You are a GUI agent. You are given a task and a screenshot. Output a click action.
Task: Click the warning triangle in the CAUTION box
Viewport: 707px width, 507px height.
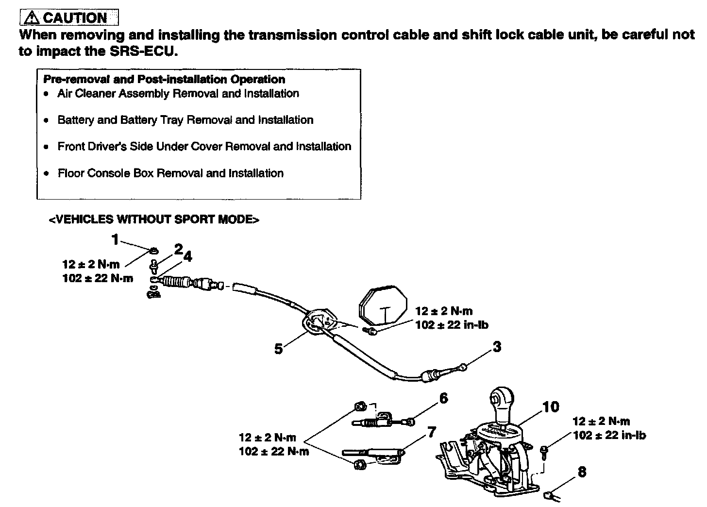point(32,18)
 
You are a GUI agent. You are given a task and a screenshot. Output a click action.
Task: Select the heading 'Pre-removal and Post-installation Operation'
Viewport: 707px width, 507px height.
point(164,79)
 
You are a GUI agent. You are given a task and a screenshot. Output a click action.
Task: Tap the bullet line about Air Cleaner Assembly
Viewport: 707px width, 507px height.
point(178,93)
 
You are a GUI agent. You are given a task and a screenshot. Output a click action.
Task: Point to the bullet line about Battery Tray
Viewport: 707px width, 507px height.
point(185,120)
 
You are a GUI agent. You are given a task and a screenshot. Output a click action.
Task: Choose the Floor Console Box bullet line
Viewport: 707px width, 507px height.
point(170,173)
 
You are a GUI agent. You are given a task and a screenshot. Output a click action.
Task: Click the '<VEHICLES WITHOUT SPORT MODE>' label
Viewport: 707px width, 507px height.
point(154,220)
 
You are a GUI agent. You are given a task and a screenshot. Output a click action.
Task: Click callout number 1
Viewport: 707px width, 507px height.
point(115,239)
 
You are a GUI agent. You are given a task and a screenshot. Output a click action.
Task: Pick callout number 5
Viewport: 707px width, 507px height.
point(278,349)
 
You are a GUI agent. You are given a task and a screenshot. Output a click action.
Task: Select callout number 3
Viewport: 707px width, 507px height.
point(497,347)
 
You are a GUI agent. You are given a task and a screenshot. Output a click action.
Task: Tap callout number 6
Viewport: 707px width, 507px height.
point(443,398)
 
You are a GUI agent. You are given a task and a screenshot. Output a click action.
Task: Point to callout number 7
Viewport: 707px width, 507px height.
point(432,432)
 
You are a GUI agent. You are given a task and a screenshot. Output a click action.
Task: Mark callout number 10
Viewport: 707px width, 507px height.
point(551,406)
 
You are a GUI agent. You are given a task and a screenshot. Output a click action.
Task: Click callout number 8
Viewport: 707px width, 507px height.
point(582,472)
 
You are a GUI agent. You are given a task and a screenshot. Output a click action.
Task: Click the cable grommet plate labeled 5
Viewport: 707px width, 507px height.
point(319,321)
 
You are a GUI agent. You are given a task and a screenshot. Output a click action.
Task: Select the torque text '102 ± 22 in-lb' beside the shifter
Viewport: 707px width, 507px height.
point(609,435)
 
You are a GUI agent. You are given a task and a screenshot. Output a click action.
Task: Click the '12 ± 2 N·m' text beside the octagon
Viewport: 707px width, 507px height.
point(444,311)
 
